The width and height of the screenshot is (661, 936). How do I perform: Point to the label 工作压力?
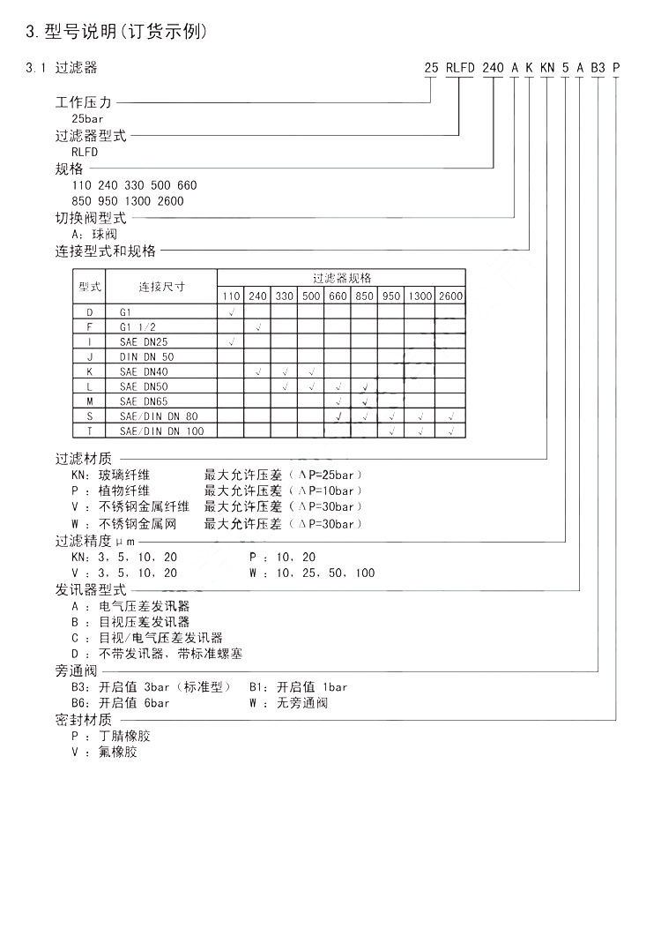click(84, 102)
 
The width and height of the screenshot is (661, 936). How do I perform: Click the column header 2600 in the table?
click(450, 296)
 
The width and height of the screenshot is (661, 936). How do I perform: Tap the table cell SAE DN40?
click(143, 371)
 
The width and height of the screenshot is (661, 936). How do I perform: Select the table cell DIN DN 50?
click(146, 356)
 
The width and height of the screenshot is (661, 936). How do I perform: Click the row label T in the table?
click(90, 431)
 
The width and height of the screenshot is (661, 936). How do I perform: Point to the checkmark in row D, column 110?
click(231, 312)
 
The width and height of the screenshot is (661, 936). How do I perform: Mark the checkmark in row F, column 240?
click(257, 327)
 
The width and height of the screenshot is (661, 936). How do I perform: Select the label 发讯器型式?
click(91, 590)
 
